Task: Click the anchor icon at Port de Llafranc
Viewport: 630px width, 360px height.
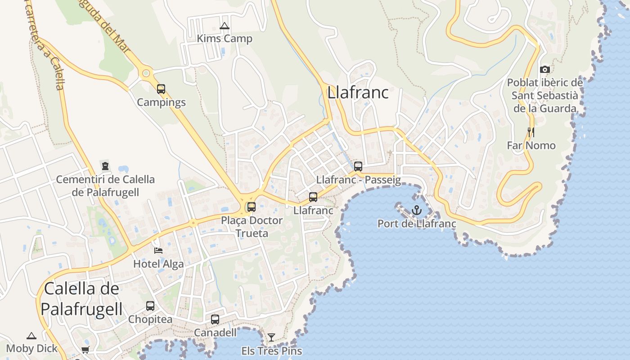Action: [416, 210]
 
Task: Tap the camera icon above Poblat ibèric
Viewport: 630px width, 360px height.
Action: [544, 69]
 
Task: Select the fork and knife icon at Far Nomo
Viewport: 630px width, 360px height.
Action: [531, 132]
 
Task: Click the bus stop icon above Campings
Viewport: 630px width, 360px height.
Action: [161, 89]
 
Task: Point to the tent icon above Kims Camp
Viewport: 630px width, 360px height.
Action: [224, 26]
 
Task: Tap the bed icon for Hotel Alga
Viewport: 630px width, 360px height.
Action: [158, 251]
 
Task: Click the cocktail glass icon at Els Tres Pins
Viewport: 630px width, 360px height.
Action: [271, 337]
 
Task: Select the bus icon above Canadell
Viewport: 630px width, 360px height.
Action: [215, 319]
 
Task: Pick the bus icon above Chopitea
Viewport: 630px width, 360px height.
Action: [150, 306]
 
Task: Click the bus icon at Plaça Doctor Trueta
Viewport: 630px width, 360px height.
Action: [252, 207]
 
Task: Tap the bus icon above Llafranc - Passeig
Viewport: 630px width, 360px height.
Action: [358, 166]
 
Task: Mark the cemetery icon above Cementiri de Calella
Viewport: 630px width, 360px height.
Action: [105, 166]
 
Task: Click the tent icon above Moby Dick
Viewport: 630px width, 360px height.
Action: [31, 336]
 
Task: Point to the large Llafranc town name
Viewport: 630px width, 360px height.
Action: [358, 93]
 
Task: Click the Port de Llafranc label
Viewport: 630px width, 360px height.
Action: [417, 224]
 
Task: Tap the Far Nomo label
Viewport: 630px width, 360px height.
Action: [531, 145]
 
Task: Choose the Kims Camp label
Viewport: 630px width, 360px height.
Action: [225, 39]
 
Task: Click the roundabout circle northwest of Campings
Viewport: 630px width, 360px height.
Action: [145, 73]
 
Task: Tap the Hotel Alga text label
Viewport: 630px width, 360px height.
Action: [158, 264]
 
